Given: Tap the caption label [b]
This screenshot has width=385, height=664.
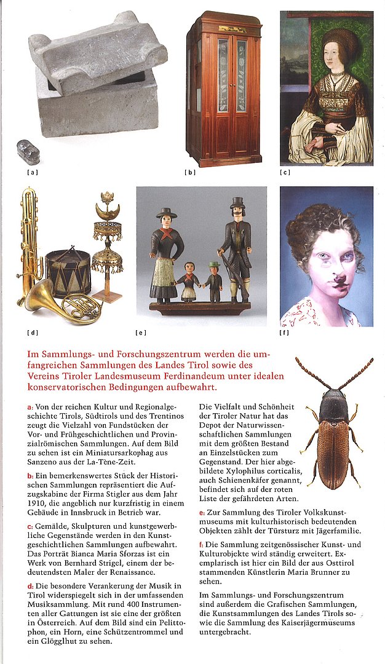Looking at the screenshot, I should (x=189, y=172).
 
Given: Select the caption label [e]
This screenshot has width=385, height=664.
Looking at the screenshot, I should (x=141, y=333).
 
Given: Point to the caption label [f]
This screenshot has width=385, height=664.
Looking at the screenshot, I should (x=284, y=333).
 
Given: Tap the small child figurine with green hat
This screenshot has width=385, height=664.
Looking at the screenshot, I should (x=213, y=283).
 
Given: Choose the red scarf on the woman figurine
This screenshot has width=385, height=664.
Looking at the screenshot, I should (x=167, y=235).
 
